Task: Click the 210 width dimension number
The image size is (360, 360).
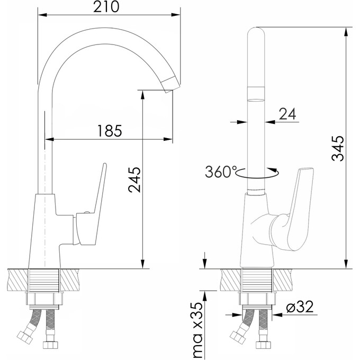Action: click(106, 7)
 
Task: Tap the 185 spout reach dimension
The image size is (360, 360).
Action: click(110, 131)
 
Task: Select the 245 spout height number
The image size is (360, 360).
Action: click(134, 180)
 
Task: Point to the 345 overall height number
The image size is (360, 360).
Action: click(338, 149)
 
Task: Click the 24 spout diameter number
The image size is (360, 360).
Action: click(287, 114)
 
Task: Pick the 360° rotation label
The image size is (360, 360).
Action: click(221, 172)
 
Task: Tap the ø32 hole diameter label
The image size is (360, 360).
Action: click(300, 307)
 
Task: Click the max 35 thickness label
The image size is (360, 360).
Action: click(197, 330)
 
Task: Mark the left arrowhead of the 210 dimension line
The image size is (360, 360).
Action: click(42, 15)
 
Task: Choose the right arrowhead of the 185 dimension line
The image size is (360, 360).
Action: click(168, 139)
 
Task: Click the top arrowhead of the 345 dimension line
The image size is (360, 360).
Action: click(346, 32)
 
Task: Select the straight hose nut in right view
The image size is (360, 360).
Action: click(263, 345)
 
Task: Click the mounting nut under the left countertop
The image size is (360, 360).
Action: click(44, 299)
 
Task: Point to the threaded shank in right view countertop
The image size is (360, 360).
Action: click(257, 280)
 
